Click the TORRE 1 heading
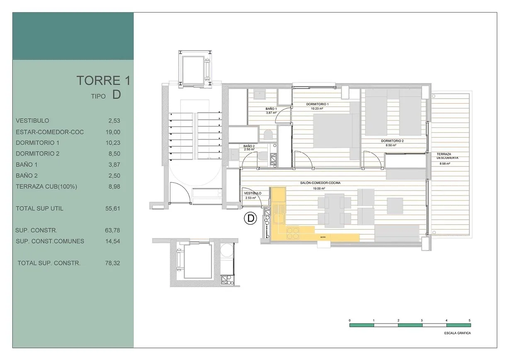[103, 80]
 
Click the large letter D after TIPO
[116, 95]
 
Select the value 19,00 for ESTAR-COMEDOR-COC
[113, 132]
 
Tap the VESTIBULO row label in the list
[32, 121]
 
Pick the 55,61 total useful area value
[113, 208]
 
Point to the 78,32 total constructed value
[113, 263]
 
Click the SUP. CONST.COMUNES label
[50, 241]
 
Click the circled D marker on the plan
[250, 218]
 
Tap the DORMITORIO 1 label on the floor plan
[317, 104]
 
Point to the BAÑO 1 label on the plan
[271, 109]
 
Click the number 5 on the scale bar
[469, 320]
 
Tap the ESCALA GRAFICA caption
[457, 333]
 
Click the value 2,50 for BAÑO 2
[113, 176]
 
